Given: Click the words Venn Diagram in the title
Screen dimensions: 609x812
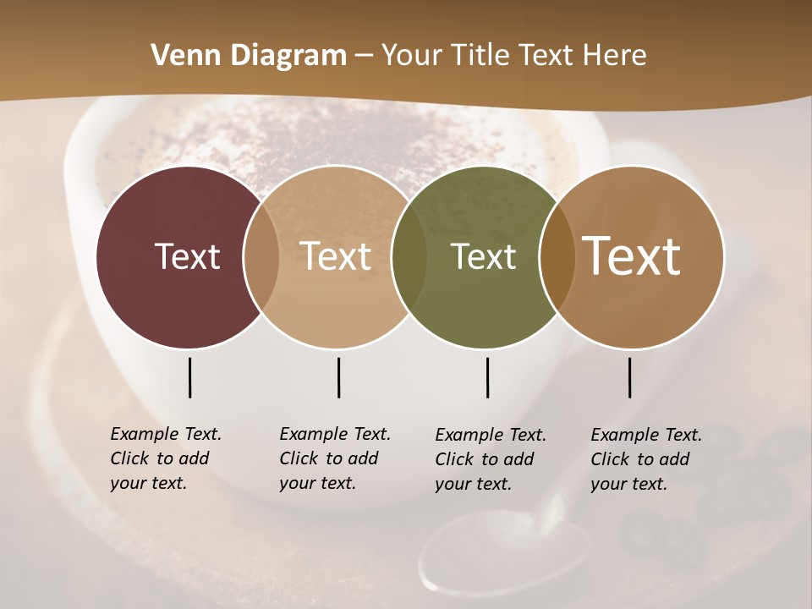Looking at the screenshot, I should (249, 56).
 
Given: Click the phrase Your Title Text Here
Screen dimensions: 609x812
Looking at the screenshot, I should (513, 56).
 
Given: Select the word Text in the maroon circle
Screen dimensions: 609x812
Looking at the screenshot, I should (187, 256).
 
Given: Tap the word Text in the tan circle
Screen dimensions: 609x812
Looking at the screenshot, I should (336, 256).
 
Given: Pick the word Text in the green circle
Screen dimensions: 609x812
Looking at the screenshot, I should (483, 256).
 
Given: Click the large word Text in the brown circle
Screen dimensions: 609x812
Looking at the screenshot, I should (632, 256).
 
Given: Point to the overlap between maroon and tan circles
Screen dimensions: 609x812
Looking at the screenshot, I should (261, 256).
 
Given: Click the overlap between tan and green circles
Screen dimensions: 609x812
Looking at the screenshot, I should (409, 256).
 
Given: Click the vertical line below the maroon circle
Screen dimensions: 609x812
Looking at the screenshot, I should (189, 377).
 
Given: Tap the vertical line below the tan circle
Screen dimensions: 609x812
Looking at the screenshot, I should (338, 377).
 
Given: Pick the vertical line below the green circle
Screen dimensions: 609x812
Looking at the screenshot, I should (487, 377).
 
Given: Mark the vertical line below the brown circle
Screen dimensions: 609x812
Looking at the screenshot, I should (629, 377).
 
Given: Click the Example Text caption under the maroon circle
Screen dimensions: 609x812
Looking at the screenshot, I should (165, 458).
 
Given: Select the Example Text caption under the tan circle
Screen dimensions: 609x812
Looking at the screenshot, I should (334, 458).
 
